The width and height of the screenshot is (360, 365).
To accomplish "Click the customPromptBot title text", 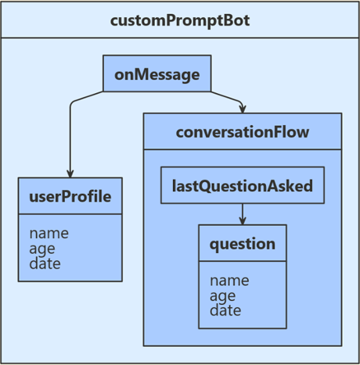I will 180,20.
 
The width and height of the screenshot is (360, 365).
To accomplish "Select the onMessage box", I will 157,74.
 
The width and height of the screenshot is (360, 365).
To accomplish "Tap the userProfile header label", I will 70,196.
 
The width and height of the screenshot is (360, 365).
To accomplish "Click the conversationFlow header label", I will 242,132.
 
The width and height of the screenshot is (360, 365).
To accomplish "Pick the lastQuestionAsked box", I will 242,186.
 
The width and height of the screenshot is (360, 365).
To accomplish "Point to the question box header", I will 242,244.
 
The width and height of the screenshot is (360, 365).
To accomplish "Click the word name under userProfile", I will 49,233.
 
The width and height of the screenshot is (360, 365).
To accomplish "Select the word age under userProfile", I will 45,249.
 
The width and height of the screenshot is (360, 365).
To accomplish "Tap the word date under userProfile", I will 45,263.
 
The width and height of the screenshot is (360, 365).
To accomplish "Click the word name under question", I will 229,280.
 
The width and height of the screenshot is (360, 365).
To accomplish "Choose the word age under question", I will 222,295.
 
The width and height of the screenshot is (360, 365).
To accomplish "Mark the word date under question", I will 225,310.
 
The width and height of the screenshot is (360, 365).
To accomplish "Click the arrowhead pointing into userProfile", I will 70,174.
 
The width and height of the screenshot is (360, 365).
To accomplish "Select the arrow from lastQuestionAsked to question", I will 242,213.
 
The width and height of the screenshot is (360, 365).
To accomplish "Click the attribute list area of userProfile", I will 70,248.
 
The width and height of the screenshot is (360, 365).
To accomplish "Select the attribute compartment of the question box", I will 242,295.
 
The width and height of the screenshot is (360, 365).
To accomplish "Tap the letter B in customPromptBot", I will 225,20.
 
